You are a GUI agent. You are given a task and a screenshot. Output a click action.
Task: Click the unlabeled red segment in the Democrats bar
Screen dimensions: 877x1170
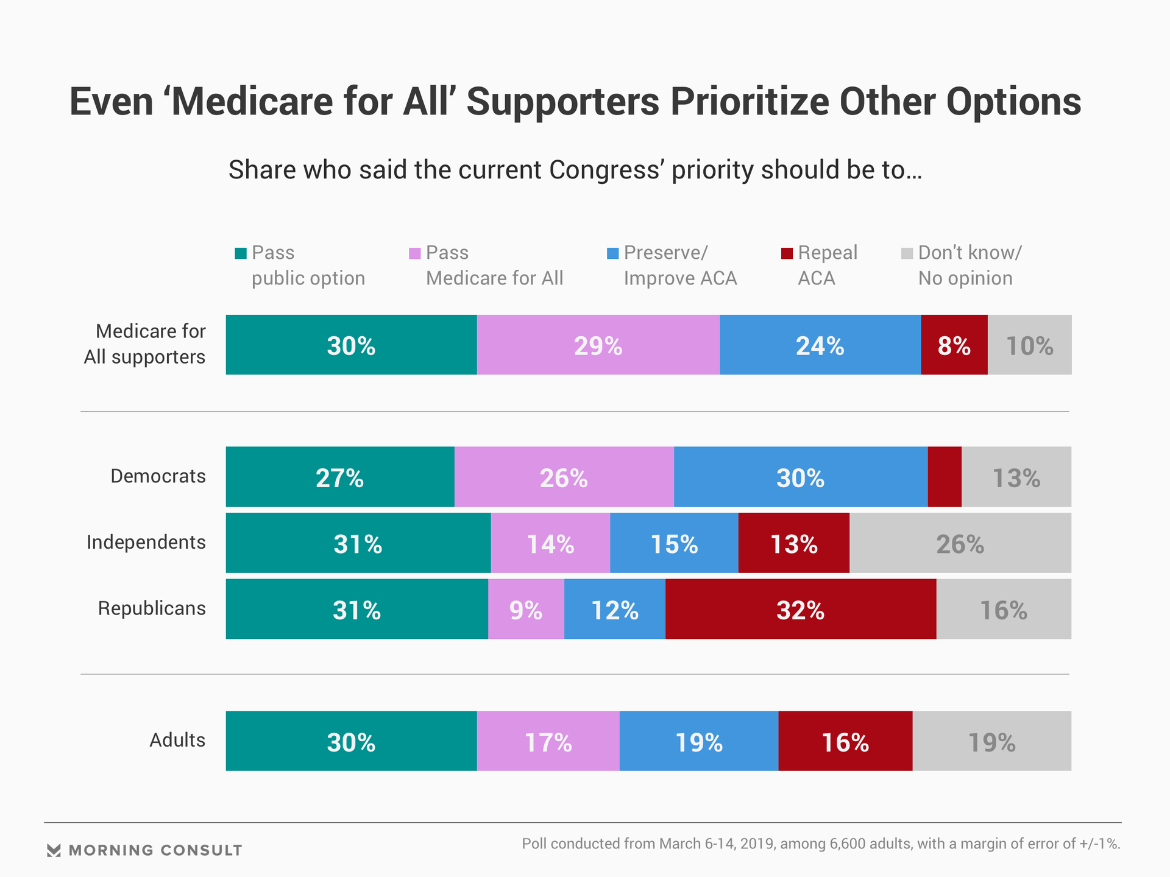coord(945,477)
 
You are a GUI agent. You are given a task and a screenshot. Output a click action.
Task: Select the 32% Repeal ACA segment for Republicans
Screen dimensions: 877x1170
coord(801,609)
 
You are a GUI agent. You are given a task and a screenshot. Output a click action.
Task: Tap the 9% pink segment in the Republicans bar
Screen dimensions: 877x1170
coord(526,609)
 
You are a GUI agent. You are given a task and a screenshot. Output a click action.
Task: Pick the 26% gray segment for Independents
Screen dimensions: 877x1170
coord(960,543)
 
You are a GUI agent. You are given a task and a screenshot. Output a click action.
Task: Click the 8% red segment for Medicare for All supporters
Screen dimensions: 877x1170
coord(954,345)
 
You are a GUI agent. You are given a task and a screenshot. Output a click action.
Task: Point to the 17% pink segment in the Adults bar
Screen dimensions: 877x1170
coord(548,741)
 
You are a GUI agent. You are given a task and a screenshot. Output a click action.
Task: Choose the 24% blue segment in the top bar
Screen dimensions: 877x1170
coord(820,345)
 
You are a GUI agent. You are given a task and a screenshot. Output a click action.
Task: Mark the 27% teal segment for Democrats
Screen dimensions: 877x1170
coord(340,477)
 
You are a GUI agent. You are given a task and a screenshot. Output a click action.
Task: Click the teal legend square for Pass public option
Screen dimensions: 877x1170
coord(241,253)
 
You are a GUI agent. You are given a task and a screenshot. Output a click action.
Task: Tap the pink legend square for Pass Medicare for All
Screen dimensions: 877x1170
coord(415,253)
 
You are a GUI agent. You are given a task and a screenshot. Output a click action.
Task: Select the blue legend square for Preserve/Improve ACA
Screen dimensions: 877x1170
coord(613,253)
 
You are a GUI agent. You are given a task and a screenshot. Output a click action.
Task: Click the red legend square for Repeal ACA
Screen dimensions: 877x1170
coord(787,253)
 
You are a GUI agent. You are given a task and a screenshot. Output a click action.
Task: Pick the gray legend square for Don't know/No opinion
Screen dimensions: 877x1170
coord(907,253)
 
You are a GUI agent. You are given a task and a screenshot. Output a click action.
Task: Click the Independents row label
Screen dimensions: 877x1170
coord(146,542)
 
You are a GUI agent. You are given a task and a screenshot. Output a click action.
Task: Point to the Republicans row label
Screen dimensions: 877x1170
coord(152,608)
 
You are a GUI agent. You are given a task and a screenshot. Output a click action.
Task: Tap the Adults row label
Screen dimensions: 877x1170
coord(177,740)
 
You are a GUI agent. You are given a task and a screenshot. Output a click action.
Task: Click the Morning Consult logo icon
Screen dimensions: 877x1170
coord(54,850)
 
